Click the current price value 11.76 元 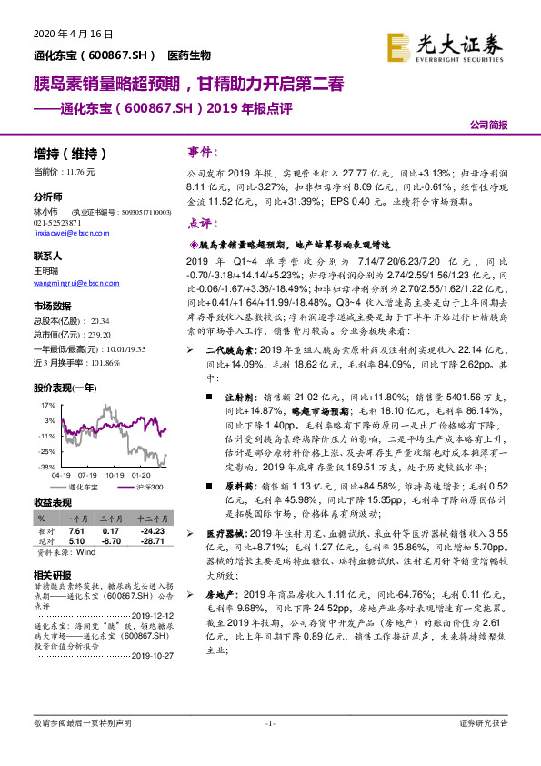88,171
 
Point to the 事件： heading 203,151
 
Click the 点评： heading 203,222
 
